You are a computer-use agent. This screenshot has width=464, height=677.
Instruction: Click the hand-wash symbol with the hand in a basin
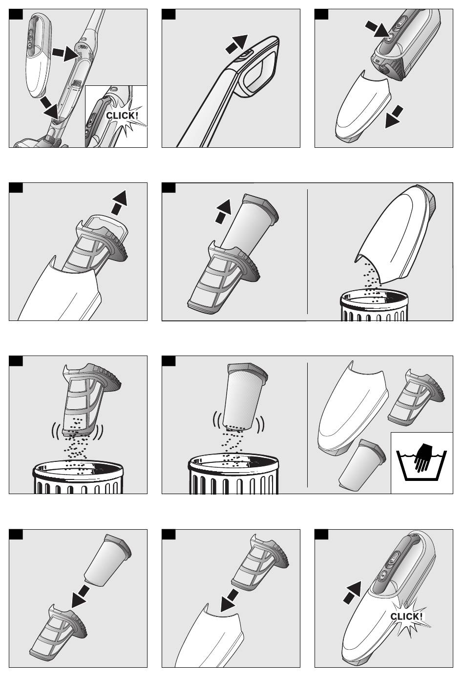point(422,461)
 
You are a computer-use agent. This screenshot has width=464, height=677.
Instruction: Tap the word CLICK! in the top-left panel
point(122,116)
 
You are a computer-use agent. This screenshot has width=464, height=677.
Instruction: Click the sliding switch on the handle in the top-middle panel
point(244,55)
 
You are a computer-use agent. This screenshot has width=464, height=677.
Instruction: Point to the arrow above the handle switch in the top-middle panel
point(236,44)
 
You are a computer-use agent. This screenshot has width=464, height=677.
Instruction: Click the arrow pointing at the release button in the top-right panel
point(378,29)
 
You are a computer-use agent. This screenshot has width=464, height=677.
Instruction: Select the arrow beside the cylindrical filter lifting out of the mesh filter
point(223,211)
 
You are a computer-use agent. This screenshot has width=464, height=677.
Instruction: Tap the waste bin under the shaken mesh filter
point(78,478)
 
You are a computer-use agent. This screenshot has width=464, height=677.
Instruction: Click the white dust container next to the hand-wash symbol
point(351,408)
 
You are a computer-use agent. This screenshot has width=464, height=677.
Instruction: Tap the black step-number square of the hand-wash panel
point(169,360)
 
